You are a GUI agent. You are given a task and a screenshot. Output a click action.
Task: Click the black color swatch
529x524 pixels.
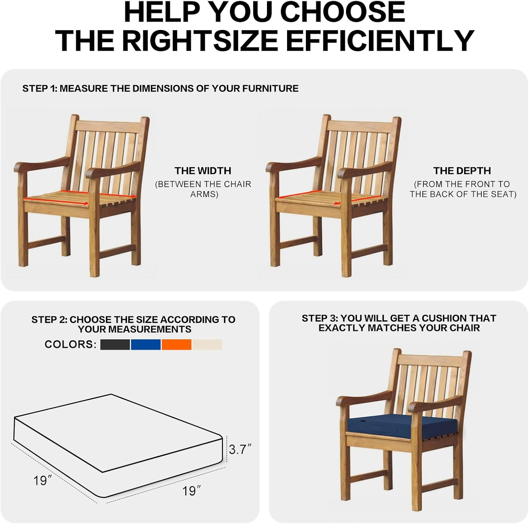115,344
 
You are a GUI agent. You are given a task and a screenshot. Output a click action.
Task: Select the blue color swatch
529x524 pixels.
146,344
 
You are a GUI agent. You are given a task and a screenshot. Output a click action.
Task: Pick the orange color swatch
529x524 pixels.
176,344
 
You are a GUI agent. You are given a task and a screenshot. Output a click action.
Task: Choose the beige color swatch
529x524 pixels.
207,344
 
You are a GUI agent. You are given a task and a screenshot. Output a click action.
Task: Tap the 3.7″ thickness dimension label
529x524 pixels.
240,449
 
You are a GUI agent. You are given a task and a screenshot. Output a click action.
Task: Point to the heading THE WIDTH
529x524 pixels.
203,171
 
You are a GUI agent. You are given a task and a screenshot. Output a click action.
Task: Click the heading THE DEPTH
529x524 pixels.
462,171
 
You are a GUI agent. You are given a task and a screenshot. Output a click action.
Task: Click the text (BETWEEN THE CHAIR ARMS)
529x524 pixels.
203,189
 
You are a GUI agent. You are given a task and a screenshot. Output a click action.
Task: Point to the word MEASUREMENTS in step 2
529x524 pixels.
135,329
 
